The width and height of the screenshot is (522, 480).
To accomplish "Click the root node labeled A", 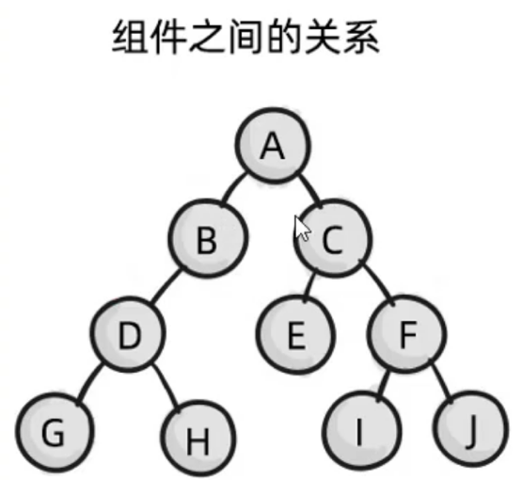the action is (x=273, y=146).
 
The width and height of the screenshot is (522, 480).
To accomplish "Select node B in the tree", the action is (x=208, y=238).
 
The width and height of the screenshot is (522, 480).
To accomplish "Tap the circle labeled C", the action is (x=333, y=238).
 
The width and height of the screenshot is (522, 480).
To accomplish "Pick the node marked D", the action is (x=128, y=334).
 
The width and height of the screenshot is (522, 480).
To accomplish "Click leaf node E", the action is (x=295, y=335).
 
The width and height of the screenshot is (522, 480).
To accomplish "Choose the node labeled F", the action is (x=406, y=334).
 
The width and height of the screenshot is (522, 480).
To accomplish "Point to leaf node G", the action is (x=55, y=432).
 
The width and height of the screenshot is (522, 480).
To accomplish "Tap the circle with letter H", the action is (x=198, y=438).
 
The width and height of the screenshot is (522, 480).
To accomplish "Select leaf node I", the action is (x=361, y=431).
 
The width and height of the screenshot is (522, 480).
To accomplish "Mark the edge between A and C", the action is (x=310, y=190).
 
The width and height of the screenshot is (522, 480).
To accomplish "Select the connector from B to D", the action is (x=166, y=286).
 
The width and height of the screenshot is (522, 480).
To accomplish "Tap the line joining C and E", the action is (x=308, y=286).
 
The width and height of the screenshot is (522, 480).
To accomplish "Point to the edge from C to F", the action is (x=378, y=281).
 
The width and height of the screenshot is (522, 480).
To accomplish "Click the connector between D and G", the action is (x=88, y=383).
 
